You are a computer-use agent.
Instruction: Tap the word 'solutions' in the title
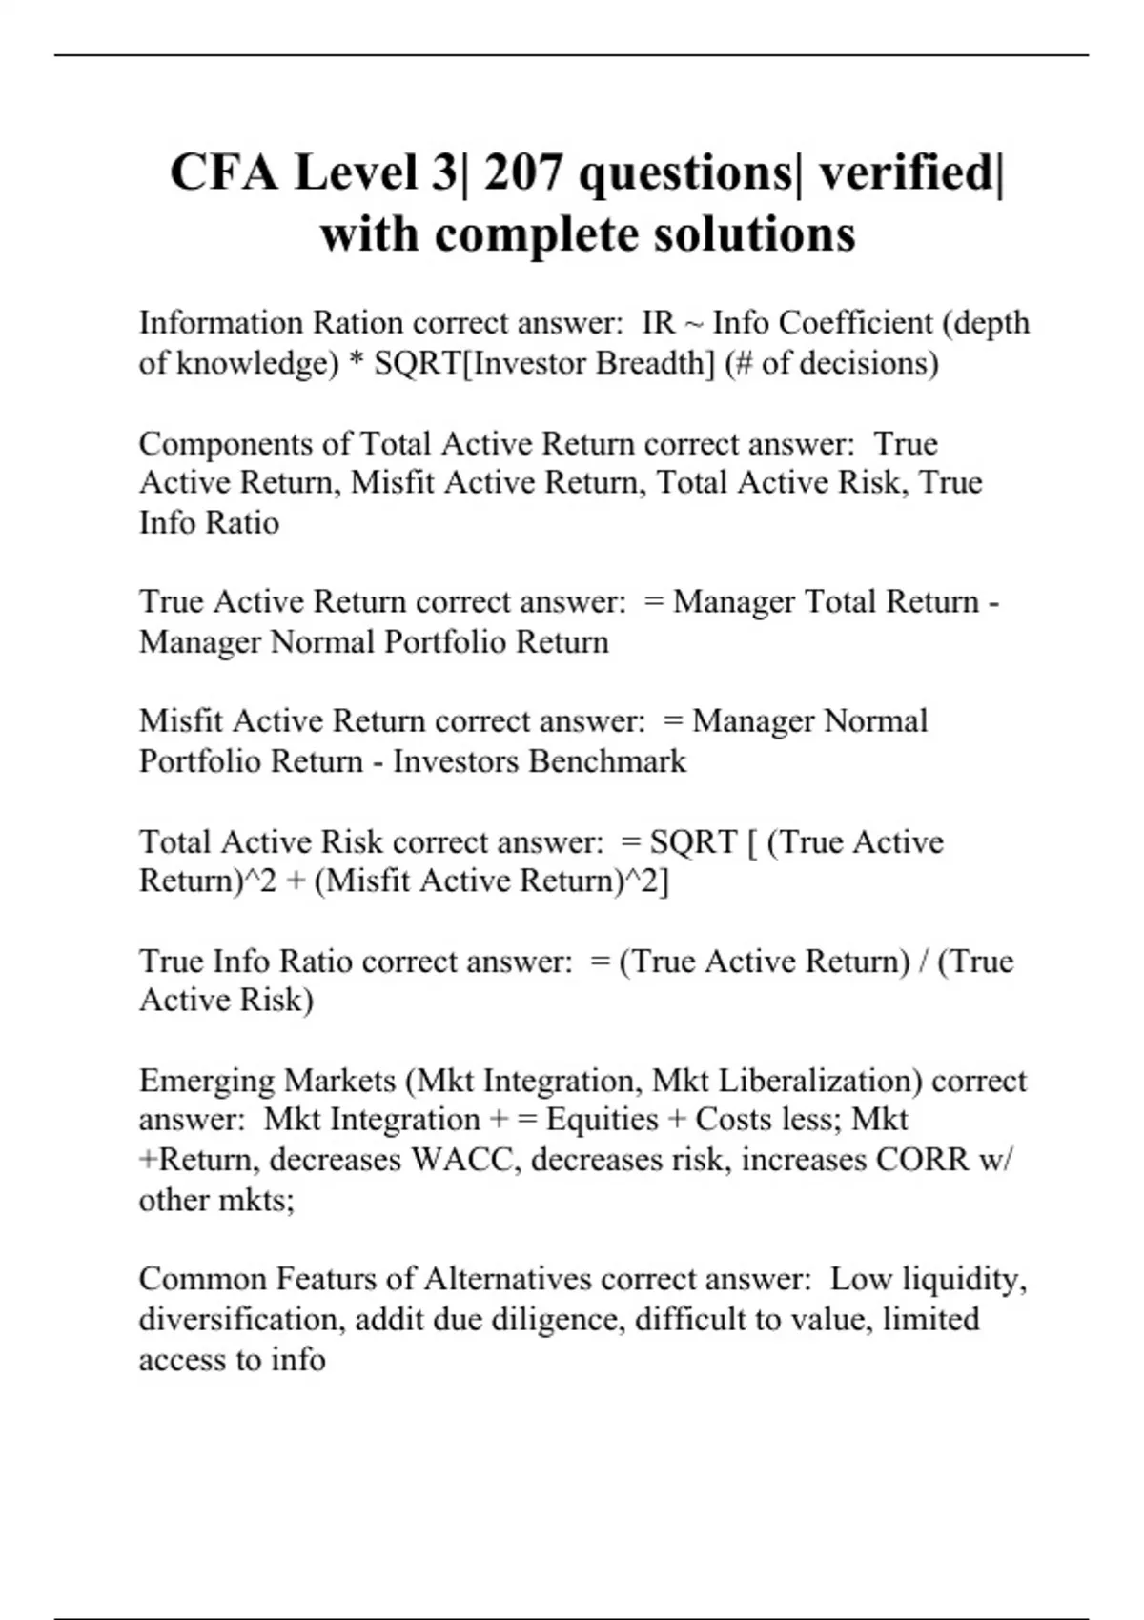click(x=754, y=233)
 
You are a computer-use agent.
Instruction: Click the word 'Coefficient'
click(x=855, y=323)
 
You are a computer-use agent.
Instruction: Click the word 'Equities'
click(x=602, y=1120)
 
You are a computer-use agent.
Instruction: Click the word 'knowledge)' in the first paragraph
click(x=256, y=363)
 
